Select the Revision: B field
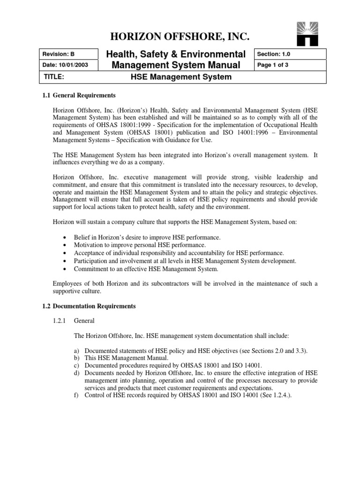point(56,54)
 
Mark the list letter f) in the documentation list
point(76,395)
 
